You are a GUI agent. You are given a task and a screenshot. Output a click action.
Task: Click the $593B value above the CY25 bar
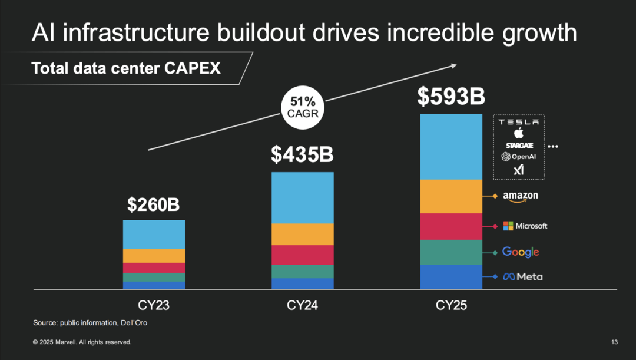coord(451,97)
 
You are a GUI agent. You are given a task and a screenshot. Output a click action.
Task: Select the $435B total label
coord(302,154)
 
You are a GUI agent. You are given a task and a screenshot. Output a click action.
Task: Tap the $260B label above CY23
coord(154,204)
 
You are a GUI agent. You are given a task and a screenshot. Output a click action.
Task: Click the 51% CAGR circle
coord(303,107)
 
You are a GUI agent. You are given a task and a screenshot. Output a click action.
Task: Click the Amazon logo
coord(521,197)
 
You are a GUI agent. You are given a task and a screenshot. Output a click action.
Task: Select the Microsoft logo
coord(525,226)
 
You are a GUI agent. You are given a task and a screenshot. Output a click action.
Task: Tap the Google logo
coord(521,252)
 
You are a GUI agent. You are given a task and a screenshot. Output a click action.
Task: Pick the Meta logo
coord(523,276)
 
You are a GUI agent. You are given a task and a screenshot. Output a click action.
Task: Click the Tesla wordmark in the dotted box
coord(519,122)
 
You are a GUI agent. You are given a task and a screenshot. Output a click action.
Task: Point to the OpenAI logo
coord(519,157)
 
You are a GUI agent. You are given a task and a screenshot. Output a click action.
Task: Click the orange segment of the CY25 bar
coord(451,196)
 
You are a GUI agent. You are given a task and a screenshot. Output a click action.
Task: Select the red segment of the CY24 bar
coord(302,255)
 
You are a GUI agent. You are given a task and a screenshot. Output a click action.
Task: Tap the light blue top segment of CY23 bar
coord(154,235)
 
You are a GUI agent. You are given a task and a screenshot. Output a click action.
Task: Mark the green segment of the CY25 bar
coord(451,252)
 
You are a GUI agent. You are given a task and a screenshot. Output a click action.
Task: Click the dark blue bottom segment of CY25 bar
coord(451,276)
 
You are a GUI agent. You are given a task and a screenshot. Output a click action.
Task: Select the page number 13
coord(614,342)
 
